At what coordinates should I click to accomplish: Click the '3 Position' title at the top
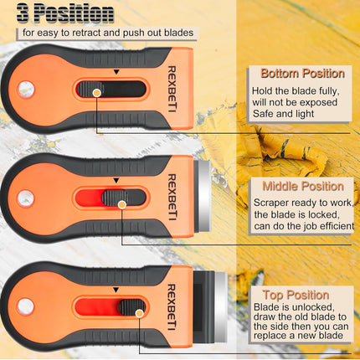[65, 13]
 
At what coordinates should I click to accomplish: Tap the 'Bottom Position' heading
[302, 74]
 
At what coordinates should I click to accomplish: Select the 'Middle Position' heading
[303, 186]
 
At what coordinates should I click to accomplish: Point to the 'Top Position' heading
[296, 295]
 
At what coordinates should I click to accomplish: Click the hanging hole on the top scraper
[26, 90]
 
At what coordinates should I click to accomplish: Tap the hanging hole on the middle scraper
[26, 198]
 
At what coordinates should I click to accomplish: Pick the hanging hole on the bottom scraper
[25, 306]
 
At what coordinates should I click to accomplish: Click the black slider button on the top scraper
[90, 89]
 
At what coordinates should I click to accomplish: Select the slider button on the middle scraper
[115, 198]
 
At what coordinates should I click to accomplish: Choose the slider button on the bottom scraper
[132, 306]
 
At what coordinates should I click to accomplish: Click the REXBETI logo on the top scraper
[172, 89]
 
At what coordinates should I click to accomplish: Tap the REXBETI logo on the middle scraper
[172, 198]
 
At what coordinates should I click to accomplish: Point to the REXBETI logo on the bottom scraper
[172, 307]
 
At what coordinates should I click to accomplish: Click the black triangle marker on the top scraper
[116, 72]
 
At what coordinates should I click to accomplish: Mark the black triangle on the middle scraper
[116, 181]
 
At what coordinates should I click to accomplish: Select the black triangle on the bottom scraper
[116, 290]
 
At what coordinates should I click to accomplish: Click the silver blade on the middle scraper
[204, 196]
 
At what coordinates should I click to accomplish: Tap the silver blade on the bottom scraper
[221, 306]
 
